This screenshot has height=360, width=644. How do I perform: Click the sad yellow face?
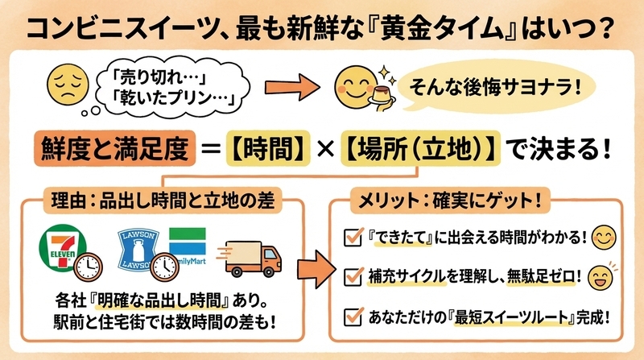[x=68, y=85]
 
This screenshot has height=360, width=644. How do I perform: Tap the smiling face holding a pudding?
[x=356, y=87]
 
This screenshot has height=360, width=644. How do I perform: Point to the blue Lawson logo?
[x=138, y=250]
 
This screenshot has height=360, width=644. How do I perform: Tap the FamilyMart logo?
[x=188, y=246]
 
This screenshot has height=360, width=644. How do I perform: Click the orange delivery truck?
[x=250, y=259]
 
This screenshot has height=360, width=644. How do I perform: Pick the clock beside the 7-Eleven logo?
[x=89, y=267]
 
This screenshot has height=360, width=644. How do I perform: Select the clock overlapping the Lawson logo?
[x=165, y=267]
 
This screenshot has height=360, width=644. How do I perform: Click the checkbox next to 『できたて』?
[x=353, y=238]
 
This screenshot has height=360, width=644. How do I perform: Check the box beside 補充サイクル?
[x=353, y=276]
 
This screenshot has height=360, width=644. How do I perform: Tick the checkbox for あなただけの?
[x=353, y=317]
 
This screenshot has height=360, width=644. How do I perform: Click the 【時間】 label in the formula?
[x=268, y=148]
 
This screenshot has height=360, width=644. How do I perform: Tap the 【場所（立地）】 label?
[x=420, y=148]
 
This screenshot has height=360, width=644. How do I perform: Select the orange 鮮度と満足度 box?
[x=114, y=148]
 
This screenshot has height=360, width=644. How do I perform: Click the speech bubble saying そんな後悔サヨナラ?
[x=495, y=87]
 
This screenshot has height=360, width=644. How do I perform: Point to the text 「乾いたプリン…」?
[x=173, y=97]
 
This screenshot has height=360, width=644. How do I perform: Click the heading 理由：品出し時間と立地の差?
[x=163, y=201]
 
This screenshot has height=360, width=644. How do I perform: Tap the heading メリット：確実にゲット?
[x=450, y=201]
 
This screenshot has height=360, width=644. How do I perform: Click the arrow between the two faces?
[x=292, y=87]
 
